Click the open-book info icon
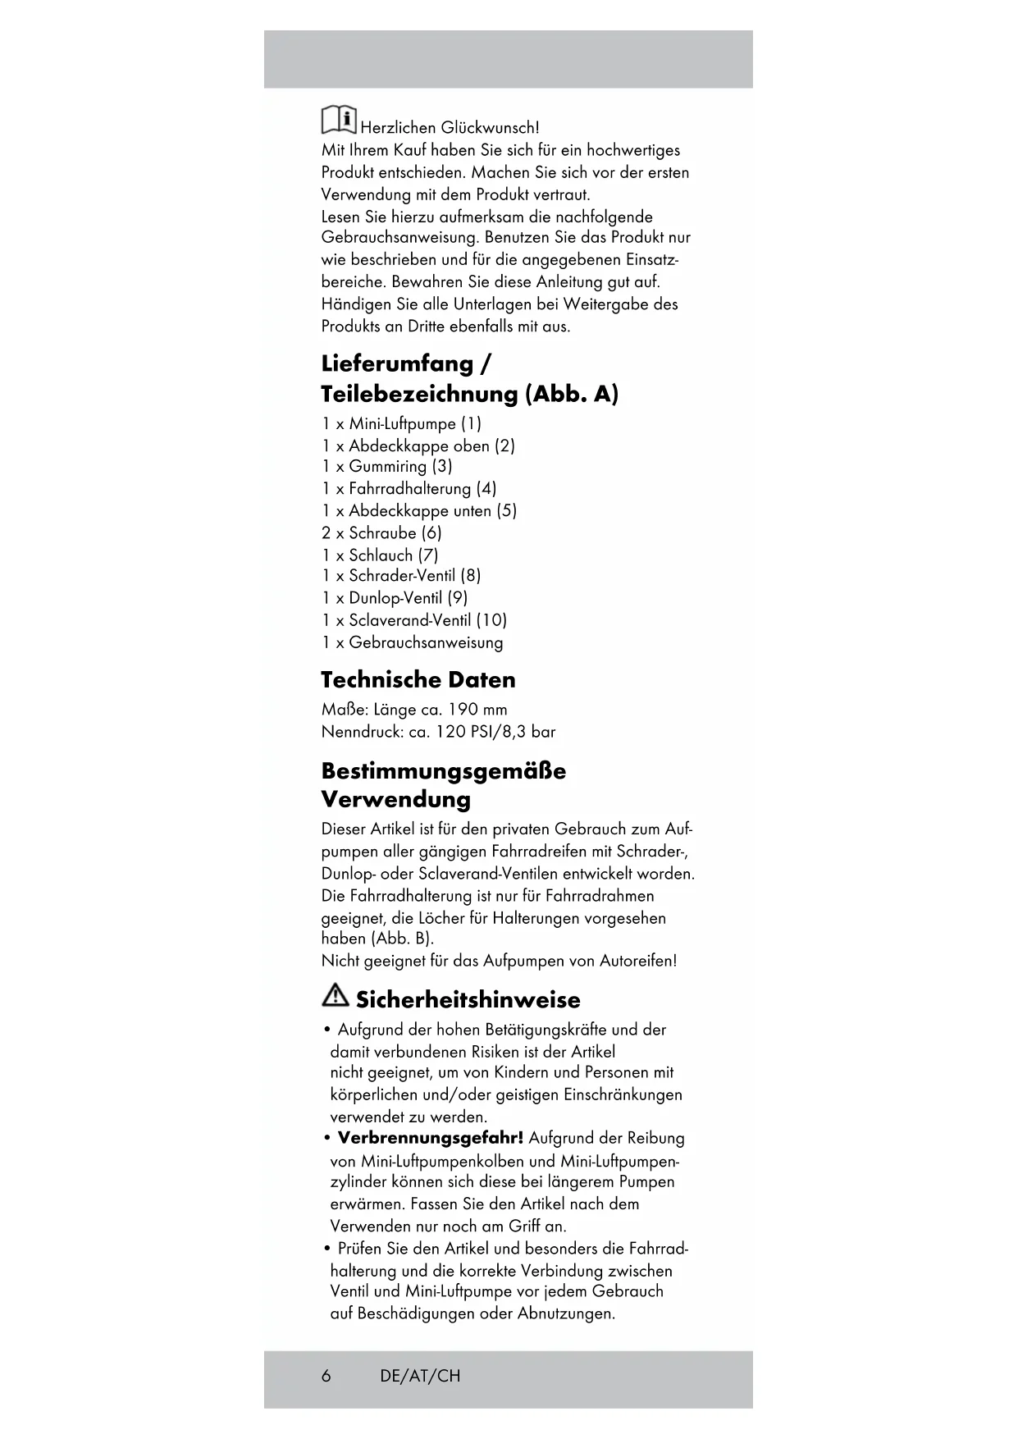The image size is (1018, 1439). coord(338,120)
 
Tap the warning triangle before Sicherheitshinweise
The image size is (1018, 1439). coord(335,996)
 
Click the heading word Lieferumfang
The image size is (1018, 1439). coord(397,363)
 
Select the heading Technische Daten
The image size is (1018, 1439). coord(418,680)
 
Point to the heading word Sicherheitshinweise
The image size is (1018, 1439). coord(468,1000)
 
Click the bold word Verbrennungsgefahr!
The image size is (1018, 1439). coord(430,1138)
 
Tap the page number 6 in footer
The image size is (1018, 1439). coord(326,1376)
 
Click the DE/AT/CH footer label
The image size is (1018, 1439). coord(420,1376)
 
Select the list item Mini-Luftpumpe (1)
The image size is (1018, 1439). coord(415,424)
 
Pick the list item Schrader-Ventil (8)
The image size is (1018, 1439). coord(414,576)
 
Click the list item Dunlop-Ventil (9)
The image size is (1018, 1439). coord(408,598)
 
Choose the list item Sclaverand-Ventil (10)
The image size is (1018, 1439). coord(427,620)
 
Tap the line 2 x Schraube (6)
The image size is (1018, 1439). coord(381,532)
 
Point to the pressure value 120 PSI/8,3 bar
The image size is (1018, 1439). coord(495,732)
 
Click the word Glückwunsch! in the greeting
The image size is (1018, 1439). coord(490,128)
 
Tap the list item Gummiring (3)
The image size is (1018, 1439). coord(400,466)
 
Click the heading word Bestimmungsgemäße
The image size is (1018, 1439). coord(443,771)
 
